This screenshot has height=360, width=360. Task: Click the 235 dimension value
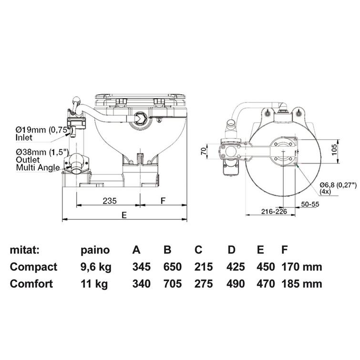tap(110, 201)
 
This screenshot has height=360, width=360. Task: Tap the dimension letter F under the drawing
tap(163, 201)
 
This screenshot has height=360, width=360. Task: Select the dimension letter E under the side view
tap(124, 215)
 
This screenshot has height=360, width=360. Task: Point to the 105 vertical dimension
tap(335, 150)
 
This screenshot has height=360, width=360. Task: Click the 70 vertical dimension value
tap(204, 151)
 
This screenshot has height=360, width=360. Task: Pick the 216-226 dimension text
tap(274, 211)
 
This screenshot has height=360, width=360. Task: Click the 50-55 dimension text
tap(310, 204)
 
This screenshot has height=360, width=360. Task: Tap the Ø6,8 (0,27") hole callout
tap(338, 185)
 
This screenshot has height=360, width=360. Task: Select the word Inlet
tap(24, 137)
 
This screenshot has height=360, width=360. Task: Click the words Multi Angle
tap(38, 167)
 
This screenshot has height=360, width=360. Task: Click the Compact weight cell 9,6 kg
tap(96, 267)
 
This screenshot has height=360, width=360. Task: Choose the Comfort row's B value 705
tap(173, 284)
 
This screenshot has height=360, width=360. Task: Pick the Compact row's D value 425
tap(236, 267)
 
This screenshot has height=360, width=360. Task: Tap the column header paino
tap(95, 250)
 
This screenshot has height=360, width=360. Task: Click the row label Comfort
tap(31, 284)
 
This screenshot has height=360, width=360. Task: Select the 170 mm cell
tap(302, 267)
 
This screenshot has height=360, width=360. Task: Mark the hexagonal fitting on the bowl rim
tap(140, 118)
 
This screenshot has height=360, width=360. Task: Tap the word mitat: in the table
tap(25, 250)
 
